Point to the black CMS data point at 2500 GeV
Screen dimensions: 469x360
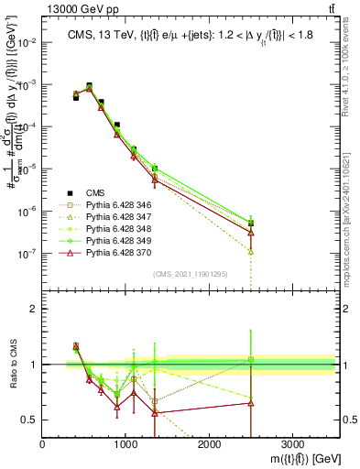point(251,223)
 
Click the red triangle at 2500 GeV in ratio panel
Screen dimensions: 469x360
point(251,403)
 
